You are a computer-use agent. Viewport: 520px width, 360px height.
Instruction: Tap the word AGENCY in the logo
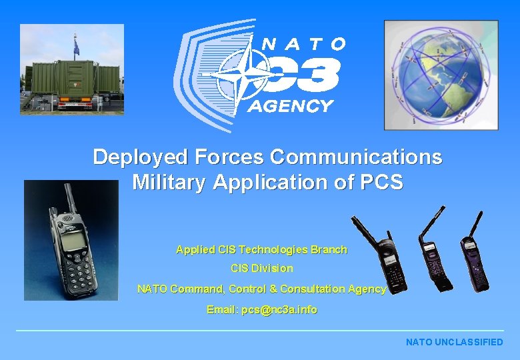[290, 106]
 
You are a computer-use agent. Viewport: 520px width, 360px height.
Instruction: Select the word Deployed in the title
[141, 157]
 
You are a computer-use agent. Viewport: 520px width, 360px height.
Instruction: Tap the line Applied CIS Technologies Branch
[261, 250]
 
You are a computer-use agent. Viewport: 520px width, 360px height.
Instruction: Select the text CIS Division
[261, 269]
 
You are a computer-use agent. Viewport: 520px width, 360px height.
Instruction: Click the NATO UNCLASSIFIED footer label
[454, 342]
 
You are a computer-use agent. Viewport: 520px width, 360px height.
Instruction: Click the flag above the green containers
[75, 47]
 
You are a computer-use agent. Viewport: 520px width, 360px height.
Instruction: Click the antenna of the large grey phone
[69, 197]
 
